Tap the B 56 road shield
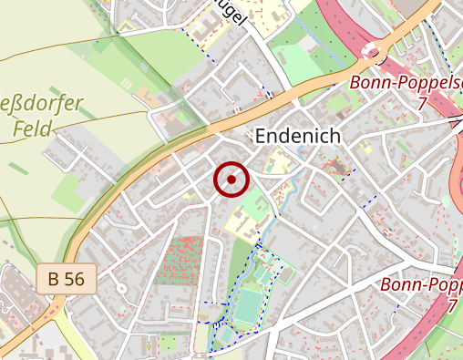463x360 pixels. click(x=67, y=279)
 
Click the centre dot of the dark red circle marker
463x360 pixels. click(x=231, y=180)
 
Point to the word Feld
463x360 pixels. click(x=33, y=129)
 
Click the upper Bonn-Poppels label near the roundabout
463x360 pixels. click(x=406, y=84)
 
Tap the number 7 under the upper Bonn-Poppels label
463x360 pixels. click(x=422, y=104)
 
